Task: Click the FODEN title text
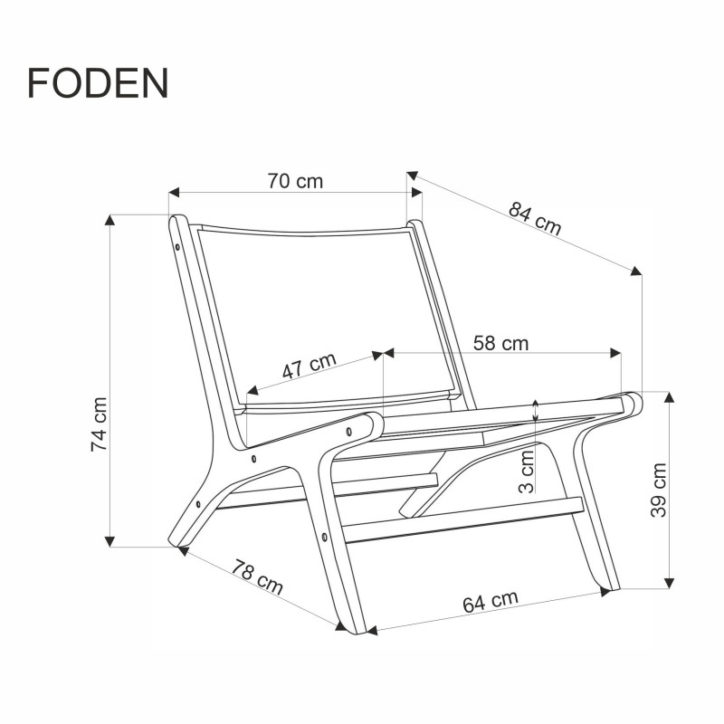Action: pyautogui.click(x=98, y=83)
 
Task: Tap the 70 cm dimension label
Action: pyautogui.click(x=295, y=181)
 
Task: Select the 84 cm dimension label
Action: pyautogui.click(x=535, y=219)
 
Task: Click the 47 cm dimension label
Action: pyautogui.click(x=309, y=366)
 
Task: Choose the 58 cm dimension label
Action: pyautogui.click(x=500, y=343)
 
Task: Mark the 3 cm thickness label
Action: pyautogui.click(x=528, y=472)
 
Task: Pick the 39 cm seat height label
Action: pyautogui.click(x=660, y=490)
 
